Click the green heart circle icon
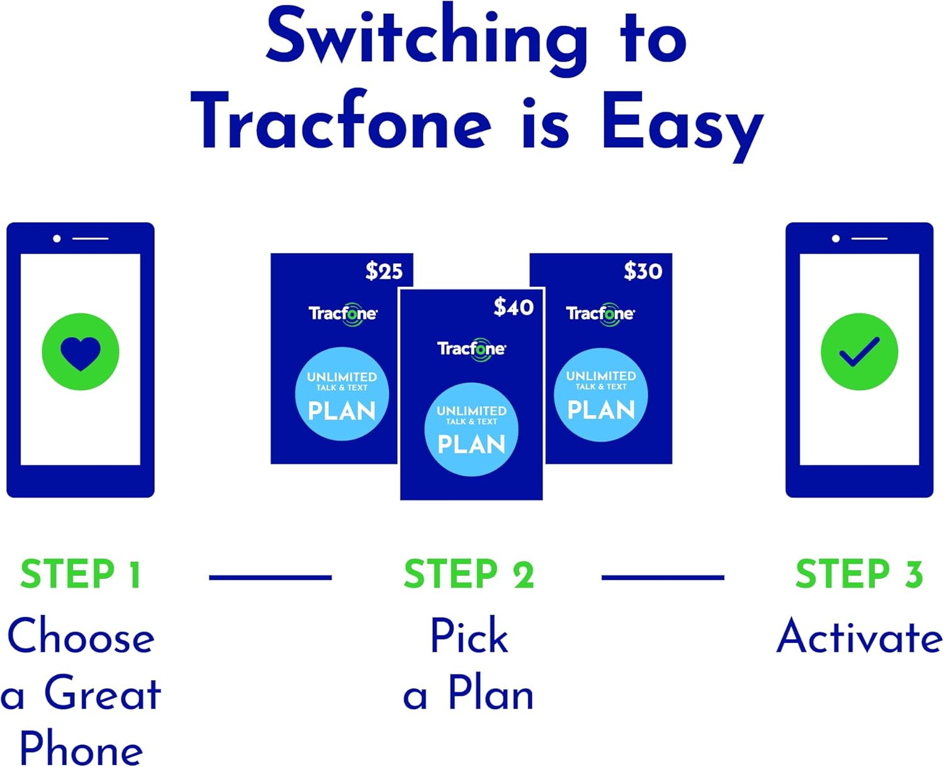coord(81,352)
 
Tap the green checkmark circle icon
coord(859,352)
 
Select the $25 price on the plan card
coord(384,271)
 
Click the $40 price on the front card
coord(514,307)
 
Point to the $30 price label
coord(643,271)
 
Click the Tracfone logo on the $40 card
coord(471,349)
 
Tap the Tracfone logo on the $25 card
coord(343,313)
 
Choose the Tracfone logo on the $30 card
coord(600,313)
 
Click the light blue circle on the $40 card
coord(471,429)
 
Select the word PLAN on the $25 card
coord(342,411)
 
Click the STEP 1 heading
coord(81,574)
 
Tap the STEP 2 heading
coord(469,574)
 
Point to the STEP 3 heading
coord(859,574)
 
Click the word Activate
coord(859,637)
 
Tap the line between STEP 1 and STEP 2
coord(270,577)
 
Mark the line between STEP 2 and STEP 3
coord(663,577)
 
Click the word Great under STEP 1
coord(103,693)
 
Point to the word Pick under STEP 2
coord(469,637)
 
